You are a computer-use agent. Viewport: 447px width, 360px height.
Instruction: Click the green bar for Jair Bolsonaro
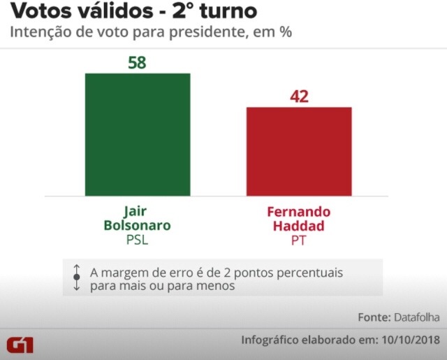138,134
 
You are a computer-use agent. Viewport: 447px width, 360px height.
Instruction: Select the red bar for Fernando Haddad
299,151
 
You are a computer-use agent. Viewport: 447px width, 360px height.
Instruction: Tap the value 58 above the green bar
138,62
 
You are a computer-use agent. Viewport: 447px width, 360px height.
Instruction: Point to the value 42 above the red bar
299,96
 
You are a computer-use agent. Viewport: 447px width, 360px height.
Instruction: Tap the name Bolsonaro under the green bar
138,226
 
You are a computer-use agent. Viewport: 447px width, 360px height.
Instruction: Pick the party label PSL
138,240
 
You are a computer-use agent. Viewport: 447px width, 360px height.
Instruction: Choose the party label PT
299,240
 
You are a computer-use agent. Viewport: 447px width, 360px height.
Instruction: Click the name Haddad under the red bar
299,226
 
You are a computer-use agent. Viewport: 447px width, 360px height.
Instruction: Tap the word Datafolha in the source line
416,317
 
